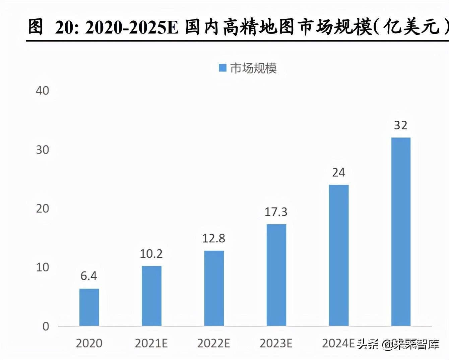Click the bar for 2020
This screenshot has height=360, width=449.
89,307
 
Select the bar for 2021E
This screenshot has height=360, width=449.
151,296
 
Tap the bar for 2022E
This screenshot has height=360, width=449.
214,288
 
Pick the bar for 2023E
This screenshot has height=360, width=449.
276,275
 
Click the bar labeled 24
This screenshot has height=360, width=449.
339,255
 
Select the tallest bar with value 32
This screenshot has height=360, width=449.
401,232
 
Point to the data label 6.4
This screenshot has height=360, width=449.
89,276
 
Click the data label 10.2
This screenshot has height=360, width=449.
151,254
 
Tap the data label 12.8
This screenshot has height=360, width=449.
214,238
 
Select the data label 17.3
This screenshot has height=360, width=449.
276,212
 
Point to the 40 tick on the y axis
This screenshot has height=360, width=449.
43,91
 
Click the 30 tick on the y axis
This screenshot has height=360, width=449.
43,149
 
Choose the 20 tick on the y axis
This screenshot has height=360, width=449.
43,208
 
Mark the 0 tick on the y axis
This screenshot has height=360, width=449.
46,326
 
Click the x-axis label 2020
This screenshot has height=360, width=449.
89,343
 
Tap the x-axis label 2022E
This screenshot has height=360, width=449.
214,343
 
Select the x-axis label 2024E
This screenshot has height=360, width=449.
338,343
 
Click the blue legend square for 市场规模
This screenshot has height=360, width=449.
222,68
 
